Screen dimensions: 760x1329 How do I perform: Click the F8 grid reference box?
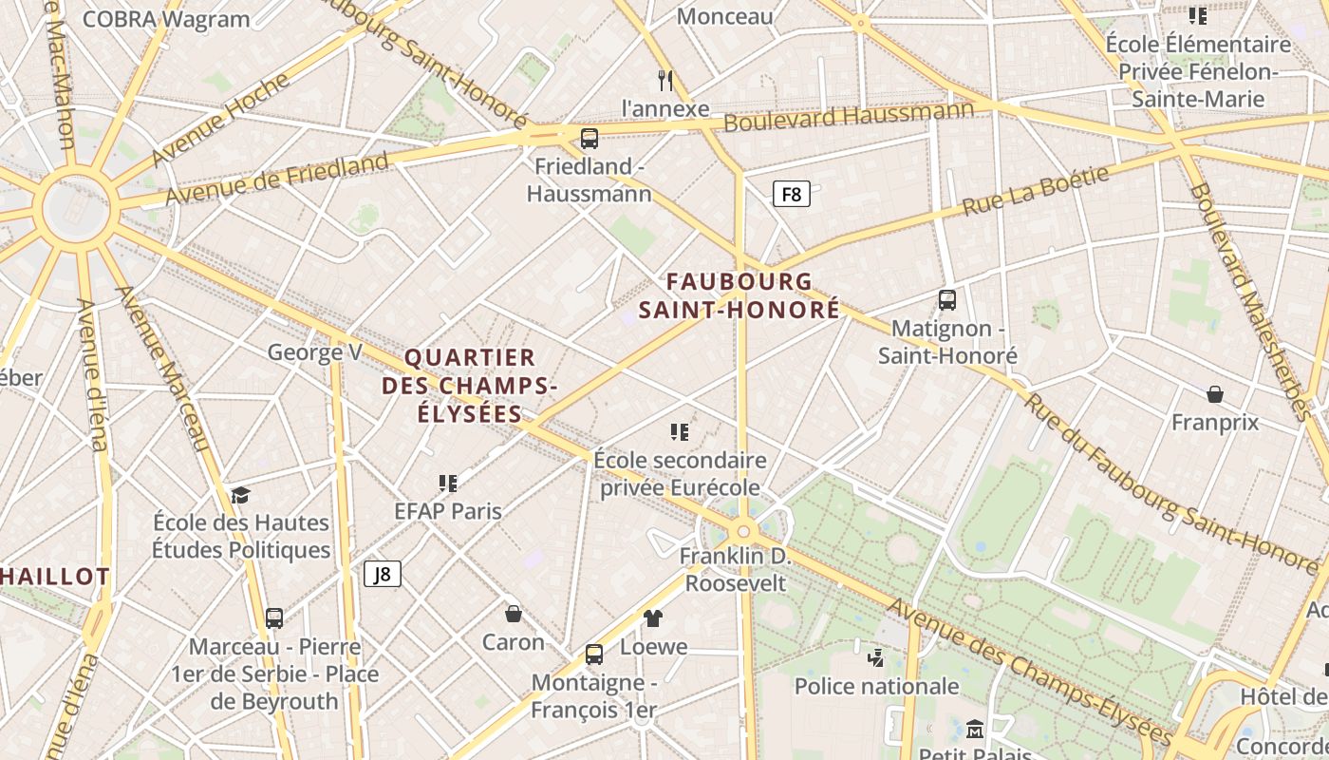tap(791, 195)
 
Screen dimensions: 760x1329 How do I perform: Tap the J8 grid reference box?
tap(383, 574)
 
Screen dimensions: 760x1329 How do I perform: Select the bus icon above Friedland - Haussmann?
tap(590, 139)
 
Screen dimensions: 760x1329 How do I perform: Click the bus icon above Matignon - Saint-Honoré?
tap(946, 300)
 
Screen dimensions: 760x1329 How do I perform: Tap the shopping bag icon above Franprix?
tap(1214, 393)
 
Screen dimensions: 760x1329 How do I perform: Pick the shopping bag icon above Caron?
tap(514, 614)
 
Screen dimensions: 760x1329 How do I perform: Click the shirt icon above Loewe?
tap(653, 618)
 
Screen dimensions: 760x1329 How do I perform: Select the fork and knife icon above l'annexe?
tap(665, 81)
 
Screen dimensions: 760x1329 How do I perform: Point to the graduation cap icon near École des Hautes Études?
tap(240, 495)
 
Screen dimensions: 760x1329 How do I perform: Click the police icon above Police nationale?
tap(876, 657)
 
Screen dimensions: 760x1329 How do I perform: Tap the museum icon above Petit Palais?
tap(974, 730)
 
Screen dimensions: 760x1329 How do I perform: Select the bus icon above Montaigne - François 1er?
tap(594, 654)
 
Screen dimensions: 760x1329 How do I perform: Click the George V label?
tap(314, 352)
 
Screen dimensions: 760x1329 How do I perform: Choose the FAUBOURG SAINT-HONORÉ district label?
tap(739, 295)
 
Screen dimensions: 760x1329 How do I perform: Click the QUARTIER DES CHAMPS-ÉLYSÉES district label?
tap(470, 386)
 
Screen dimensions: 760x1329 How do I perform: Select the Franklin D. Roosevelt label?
tap(736, 569)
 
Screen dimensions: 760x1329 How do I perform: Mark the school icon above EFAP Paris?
tap(448, 484)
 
